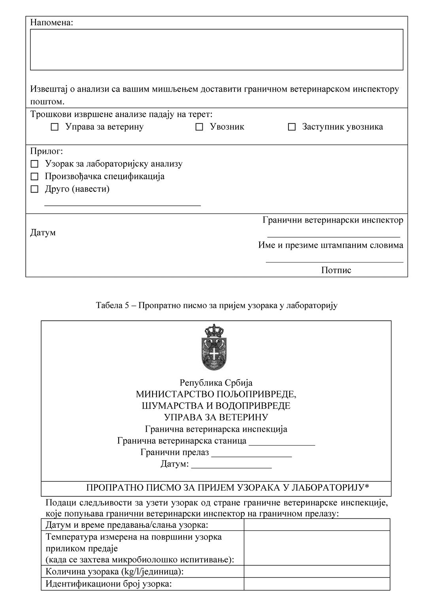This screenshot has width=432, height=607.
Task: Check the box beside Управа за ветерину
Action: click(55, 127)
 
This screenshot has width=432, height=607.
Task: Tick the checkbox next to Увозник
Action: click(199, 127)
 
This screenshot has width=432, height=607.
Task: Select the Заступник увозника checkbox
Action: click(292, 127)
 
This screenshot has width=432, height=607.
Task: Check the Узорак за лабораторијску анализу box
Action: click(34, 164)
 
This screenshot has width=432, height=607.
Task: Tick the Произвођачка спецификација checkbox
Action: click(34, 176)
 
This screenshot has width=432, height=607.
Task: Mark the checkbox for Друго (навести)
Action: click(34, 189)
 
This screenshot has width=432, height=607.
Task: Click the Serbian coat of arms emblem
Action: click(213, 347)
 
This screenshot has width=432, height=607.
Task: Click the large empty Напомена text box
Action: click(217, 49)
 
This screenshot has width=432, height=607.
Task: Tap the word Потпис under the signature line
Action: click(336, 270)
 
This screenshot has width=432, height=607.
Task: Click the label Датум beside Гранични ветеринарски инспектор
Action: click(43, 233)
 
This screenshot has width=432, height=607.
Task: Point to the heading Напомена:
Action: click(52, 22)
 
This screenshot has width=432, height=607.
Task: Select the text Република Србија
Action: click(216, 383)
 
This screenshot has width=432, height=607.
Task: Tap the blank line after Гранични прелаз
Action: click(251, 454)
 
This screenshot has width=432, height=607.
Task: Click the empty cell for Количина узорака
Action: click(317, 572)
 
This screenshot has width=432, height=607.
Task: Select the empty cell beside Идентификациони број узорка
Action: click(317, 584)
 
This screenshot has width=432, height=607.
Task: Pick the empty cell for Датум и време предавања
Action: click(317, 525)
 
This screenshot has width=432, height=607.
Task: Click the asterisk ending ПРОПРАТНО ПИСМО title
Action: click(367, 487)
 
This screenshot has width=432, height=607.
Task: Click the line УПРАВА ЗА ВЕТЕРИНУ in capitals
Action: click(216, 417)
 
